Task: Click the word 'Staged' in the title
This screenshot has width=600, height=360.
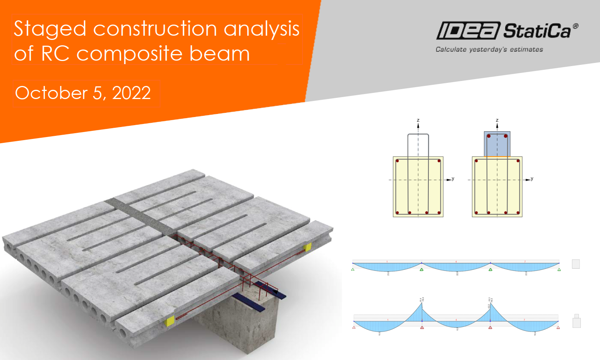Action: click(x=50, y=29)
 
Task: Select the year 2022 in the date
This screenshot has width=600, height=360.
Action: click(x=131, y=93)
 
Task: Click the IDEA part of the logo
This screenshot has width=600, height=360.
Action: click(x=468, y=31)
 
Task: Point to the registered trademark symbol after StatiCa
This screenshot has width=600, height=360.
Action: click(x=575, y=26)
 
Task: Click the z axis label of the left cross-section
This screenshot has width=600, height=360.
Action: click(x=418, y=120)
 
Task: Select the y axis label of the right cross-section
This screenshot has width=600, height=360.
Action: click(x=532, y=179)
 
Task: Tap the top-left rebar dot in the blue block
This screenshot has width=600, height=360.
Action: click(x=489, y=136)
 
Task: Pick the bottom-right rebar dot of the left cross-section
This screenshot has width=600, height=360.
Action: click(x=439, y=213)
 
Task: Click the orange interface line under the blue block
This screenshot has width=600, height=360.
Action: click(x=497, y=157)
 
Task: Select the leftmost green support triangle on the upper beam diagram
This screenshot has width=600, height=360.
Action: click(x=353, y=269)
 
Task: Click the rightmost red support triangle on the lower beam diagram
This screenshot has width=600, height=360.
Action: click(x=558, y=327)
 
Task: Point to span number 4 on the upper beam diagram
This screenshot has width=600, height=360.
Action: click(x=456, y=262)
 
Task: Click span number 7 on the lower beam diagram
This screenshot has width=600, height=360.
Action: click(x=524, y=320)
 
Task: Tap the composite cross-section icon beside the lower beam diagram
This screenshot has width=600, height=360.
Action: click(x=576, y=321)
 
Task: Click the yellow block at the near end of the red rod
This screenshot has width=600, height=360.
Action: click(x=169, y=320)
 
